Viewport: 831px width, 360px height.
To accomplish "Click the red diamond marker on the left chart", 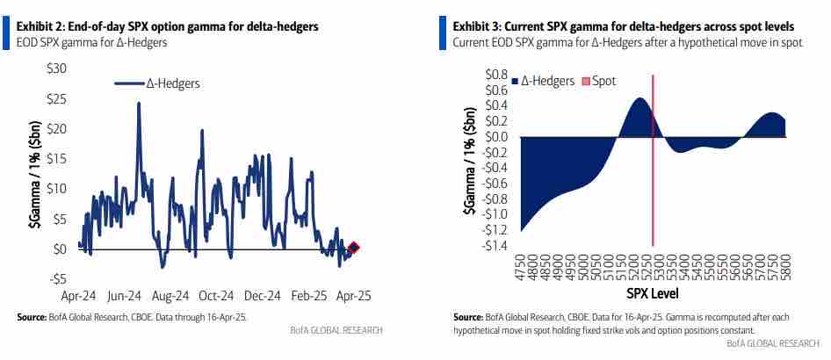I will [353, 248].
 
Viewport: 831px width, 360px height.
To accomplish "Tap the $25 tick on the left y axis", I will [57, 98].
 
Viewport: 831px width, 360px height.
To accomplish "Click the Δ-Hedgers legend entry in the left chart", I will [157, 83].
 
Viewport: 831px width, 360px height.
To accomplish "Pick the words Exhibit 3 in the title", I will [479, 27].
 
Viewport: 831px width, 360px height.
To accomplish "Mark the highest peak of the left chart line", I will [139, 104].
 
